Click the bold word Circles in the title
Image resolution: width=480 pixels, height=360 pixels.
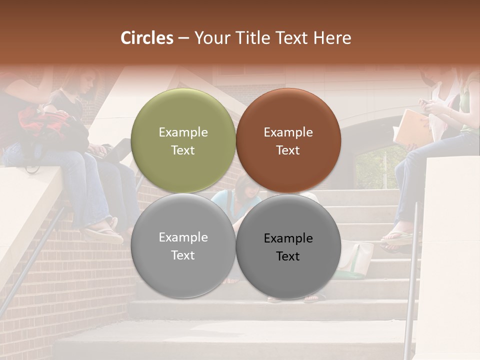tap(147, 38)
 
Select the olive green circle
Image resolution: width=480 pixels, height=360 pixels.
tap(183, 140)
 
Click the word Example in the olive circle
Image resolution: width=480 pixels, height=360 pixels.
tap(183, 132)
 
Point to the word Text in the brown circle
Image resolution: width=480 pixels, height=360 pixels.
tap(288, 150)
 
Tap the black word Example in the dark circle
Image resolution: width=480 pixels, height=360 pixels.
tap(288, 238)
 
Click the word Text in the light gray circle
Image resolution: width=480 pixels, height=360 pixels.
tap(183, 255)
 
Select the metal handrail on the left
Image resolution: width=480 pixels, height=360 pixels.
tap(30, 260)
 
